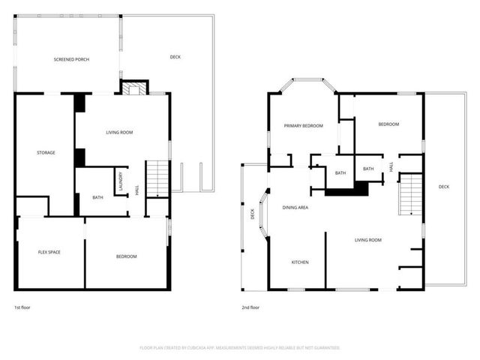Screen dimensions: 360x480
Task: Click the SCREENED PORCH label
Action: [x=71, y=59]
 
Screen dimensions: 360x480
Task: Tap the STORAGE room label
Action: [x=46, y=153]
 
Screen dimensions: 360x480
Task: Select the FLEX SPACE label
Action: [x=49, y=252]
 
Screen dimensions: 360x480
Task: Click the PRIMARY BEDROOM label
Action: [x=303, y=126]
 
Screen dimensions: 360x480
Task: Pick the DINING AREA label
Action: [x=295, y=207]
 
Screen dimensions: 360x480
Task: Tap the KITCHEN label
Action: [x=300, y=262]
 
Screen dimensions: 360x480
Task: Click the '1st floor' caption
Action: [x=23, y=307]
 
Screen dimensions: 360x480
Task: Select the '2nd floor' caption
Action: [x=250, y=307]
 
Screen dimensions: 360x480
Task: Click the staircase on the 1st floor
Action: [x=157, y=178]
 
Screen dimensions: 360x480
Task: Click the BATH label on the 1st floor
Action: [x=97, y=198]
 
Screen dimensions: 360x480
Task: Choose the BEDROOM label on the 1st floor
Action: [x=126, y=256]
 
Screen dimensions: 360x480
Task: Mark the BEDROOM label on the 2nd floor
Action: [x=388, y=124]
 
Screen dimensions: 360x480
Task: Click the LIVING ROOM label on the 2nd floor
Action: [x=368, y=240]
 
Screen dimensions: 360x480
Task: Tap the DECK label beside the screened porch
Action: [x=175, y=57]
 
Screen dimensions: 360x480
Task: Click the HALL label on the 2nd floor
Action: [x=391, y=167]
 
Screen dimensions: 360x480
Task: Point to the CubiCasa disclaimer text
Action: [x=240, y=348]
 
